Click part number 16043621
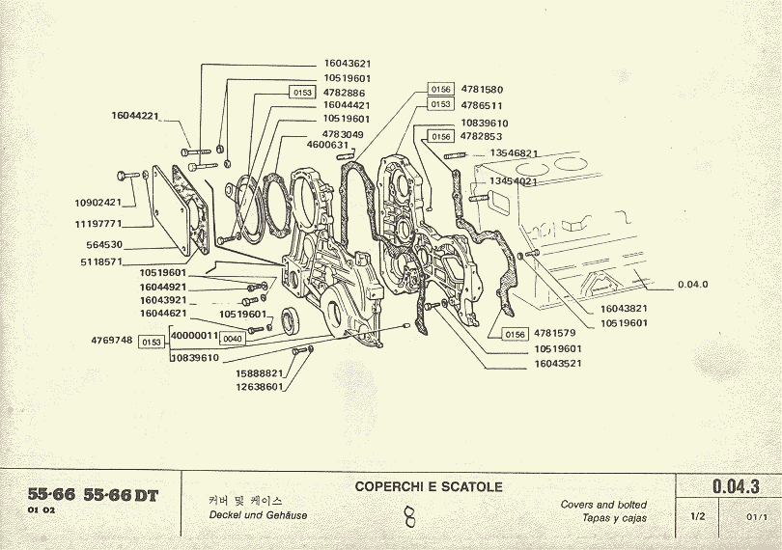(348, 64)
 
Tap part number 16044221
(135, 116)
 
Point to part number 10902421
(98, 203)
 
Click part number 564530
(105, 244)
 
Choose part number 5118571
(101, 261)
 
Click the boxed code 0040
(233, 340)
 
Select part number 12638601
(259, 387)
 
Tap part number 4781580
(482, 90)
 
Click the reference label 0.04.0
(693, 285)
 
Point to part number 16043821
(624, 309)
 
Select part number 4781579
(554, 334)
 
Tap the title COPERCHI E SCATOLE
(429, 487)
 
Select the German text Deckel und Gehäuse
(258, 515)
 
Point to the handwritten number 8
(409, 518)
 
